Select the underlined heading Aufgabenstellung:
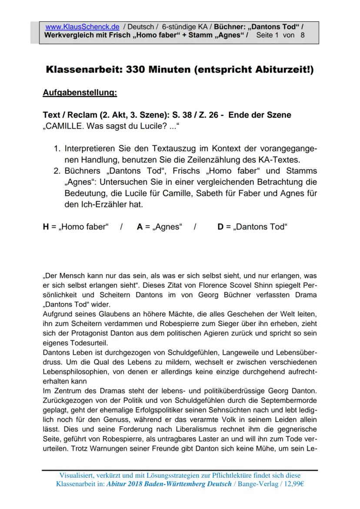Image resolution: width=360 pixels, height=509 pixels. [80, 93]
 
